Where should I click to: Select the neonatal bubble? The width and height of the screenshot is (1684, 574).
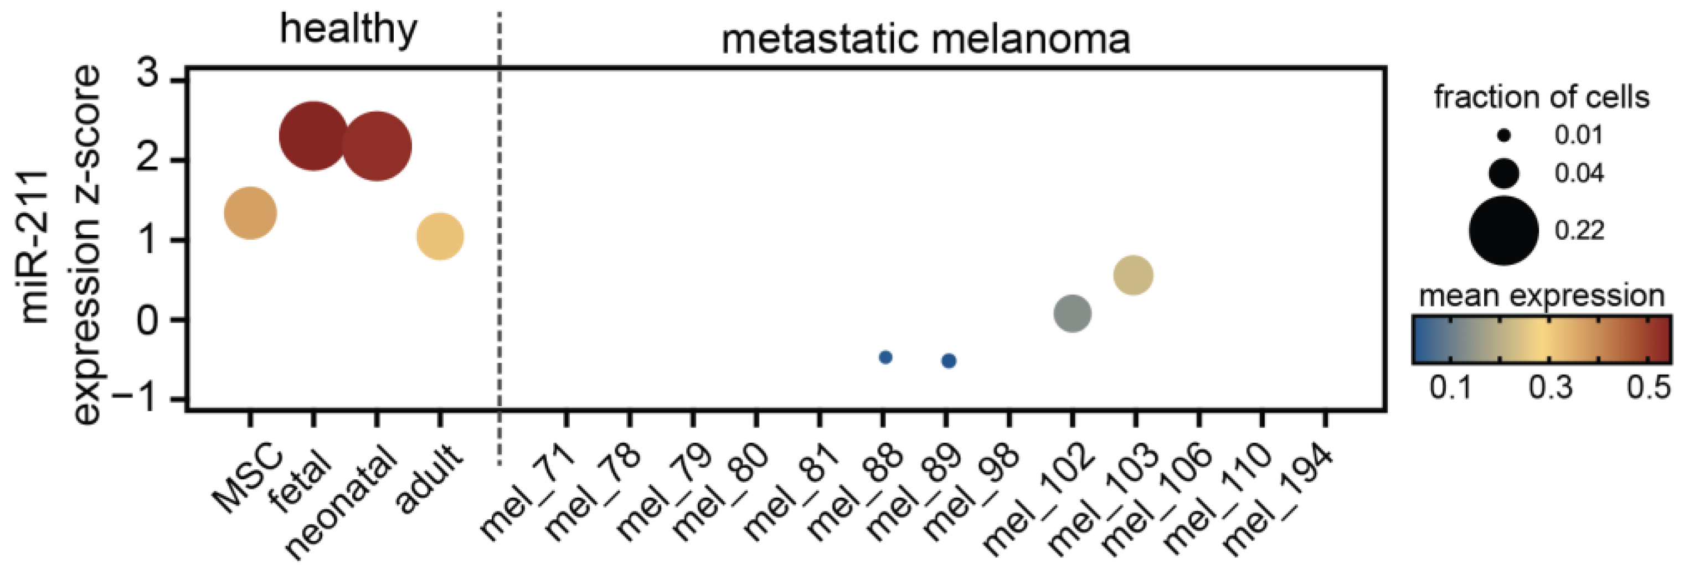pyautogui.click(x=377, y=145)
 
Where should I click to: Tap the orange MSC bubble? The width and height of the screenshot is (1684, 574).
pyautogui.click(x=250, y=213)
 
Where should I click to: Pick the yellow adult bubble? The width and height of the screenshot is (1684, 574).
pyautogui.click(x=440, y=236)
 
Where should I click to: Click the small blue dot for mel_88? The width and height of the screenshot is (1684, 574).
pyautogui.click(x=886, y=357)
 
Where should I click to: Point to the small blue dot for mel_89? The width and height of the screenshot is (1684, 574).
pyautogui.click(x=949, y=361)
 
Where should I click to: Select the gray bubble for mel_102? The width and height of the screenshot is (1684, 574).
pyautogui.click(x=1073, y=313)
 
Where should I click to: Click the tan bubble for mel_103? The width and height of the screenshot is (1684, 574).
pyautogui.click(x=1133, y=275)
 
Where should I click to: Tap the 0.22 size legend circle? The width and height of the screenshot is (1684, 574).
pyautogui.click(x=1504, y=230)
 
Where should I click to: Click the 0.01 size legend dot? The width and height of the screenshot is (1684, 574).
pyautogui.click(x=1504, y=136)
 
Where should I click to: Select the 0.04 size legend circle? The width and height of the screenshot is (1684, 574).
pyautogui.click(x=1504, y=173)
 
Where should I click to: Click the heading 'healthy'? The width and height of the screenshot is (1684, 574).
pyautogui.click(x=348, y=29)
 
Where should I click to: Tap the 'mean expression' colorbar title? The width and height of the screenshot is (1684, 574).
pyautogui.click(x=1541, y=296)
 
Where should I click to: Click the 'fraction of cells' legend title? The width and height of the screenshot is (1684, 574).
pyautogui.click(x=1541, y=97)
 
